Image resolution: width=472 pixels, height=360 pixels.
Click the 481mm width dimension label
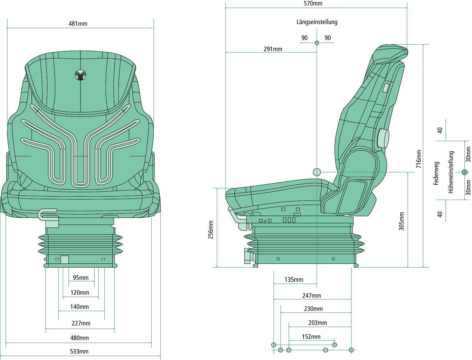click(78, 24)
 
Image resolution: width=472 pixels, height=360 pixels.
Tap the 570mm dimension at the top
click(313, 4)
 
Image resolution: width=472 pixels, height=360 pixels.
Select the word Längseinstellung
click(317, 22)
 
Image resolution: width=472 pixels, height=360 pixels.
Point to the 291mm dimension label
click(273, 49)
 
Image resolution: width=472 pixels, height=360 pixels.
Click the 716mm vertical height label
click(419, 159)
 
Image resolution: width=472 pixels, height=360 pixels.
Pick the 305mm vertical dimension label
click(402, 221)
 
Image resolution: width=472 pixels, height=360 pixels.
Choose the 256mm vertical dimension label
click(211, 230)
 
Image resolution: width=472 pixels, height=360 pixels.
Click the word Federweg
click(436, 173)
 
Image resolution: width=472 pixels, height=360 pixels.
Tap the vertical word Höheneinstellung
click(451, 172)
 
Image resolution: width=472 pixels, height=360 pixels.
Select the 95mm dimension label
click(81, 278)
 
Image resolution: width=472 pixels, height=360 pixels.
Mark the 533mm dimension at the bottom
click(79, 351)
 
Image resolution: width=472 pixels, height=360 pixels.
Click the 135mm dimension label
click(294, 280)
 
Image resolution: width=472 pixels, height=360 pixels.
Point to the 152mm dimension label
click(311, 337)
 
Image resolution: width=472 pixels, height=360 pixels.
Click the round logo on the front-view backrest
click(81, 75)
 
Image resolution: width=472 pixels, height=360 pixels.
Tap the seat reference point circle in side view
click(317, 172)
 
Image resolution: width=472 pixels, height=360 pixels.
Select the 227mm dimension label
click(81, 323)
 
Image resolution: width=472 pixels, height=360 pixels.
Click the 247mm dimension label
click(311, 296)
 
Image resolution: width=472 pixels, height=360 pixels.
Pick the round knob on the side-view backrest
click(383, 138)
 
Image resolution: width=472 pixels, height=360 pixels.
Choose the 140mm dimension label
click(79, 307)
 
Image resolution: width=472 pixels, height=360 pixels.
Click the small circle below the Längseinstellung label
click(317, 43)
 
